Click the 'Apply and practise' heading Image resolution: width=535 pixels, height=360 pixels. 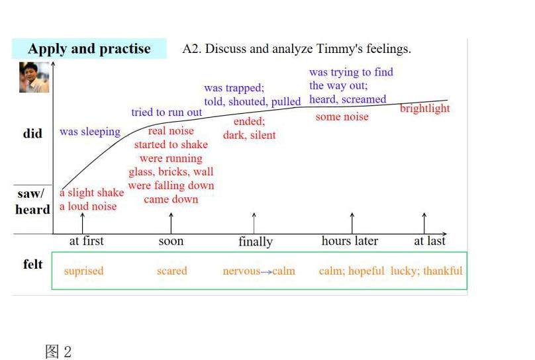[x=89, y=49]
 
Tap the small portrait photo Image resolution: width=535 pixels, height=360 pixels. [x=34, y=77]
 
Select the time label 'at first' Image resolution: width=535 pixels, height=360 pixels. [x=87, y=241]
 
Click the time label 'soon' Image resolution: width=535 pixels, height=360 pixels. [x=171, y=241]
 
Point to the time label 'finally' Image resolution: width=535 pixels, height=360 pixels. [x=255, y=242]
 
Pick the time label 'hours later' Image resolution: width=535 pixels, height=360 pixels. [x=350, y=241]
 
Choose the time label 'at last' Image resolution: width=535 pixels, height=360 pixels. [x=430, y=241]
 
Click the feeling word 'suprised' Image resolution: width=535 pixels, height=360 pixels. [x=83, y=271]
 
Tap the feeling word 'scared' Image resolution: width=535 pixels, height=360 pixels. [x=171, y=271]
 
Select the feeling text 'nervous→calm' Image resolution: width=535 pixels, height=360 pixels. [x=259, y=271]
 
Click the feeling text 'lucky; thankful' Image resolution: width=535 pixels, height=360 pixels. [x=426, y=271]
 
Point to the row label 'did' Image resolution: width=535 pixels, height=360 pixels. [x=32, y=134]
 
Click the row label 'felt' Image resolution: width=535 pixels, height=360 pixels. [x=32, y=265]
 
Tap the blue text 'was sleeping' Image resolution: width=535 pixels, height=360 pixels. [x=90, y=132]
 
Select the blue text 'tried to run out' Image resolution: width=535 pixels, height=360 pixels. [x=166, y=112]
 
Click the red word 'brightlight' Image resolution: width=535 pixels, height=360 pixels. [x=424, y=109]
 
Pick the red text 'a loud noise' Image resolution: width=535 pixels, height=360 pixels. [x=87, y=206]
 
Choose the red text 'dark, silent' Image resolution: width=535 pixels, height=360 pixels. [x=249, y=135]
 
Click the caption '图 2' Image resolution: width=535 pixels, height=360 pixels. [x=58, y=351]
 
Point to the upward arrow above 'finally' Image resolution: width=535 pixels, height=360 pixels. [x=255, y=222]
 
